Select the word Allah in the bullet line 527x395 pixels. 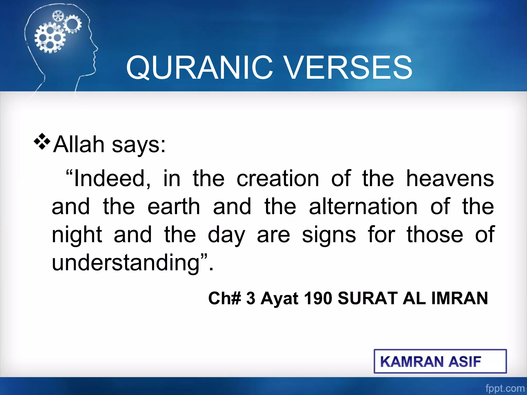click(x=79, y=145)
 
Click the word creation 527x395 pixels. click(x=278, y=178)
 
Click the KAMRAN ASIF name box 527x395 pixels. click(x=440, y=361)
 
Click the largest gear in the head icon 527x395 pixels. click(x=50, y=38)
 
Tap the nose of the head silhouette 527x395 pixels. click(x=96, y=48)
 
